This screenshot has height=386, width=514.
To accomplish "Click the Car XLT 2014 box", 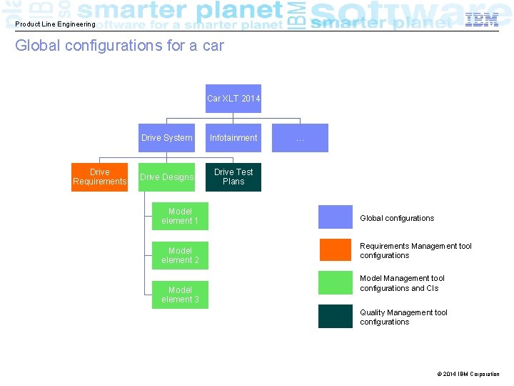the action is click(233, 99).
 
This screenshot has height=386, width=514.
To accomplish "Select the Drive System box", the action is click(166, 138).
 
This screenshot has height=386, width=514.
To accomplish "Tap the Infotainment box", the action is click(233, 138).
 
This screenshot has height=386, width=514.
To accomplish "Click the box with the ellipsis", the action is click(301, 138).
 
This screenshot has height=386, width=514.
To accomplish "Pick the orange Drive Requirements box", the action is click(99, 177).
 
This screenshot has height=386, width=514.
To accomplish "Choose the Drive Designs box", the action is click(166, 177).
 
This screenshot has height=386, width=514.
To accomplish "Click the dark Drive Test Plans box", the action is click(233, 177).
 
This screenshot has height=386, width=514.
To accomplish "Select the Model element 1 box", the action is click(180, 217).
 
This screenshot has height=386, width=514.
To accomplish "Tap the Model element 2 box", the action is click(180, 256).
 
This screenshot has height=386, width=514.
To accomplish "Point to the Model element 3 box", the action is click(180, 295).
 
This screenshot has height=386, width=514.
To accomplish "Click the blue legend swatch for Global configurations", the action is click(336, 217).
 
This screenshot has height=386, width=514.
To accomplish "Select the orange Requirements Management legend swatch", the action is click(336, 250).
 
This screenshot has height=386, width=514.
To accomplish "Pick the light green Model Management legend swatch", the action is click(336, 283).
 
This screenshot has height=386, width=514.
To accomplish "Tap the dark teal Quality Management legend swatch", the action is click(336, 316).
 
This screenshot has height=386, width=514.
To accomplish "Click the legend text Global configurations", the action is click(397, 218).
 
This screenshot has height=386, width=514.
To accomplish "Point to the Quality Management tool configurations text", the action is click(404, 317).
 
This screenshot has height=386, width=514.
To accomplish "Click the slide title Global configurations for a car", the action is click(119, 46).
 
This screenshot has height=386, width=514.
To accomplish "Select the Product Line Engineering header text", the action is click(55, 24).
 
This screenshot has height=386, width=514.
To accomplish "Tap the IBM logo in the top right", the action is click(481, 20).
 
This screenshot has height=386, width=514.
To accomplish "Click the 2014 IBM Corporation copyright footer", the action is click(468, 374).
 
